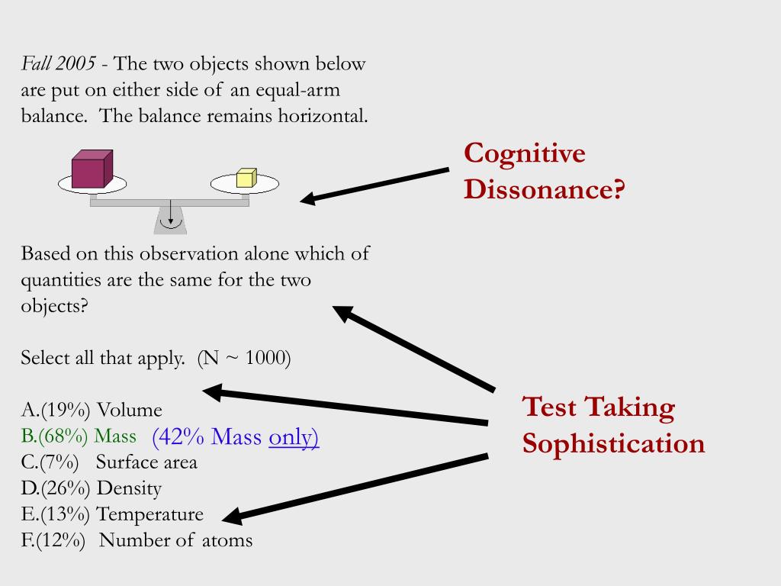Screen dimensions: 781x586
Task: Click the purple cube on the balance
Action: tap(92, 169)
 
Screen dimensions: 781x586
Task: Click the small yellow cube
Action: tap(246, 178)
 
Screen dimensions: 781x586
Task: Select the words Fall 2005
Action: tap(58, 64)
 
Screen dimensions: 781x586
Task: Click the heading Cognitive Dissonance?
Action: tap(544, 171)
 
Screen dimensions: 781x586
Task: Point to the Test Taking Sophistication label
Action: tap(613, 425)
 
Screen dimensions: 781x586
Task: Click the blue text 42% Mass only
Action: tap(235, 436)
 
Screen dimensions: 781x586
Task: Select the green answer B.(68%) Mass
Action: tap(79, 436)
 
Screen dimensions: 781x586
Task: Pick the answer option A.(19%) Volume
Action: tap(92, 411)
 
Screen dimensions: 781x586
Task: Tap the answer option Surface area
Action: tap(146, 462)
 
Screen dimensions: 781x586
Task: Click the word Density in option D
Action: tap(129, 488)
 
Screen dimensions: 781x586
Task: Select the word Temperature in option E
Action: tap(150, 514)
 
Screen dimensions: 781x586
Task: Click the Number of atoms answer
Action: tap(175, 540)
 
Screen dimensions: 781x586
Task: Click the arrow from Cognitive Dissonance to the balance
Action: tap(374, 185)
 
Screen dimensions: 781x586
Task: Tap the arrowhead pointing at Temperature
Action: tap(232, 517)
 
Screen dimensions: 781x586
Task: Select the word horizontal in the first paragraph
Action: tap(326, 116)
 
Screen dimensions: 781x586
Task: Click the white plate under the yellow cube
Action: tap(263, 185)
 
